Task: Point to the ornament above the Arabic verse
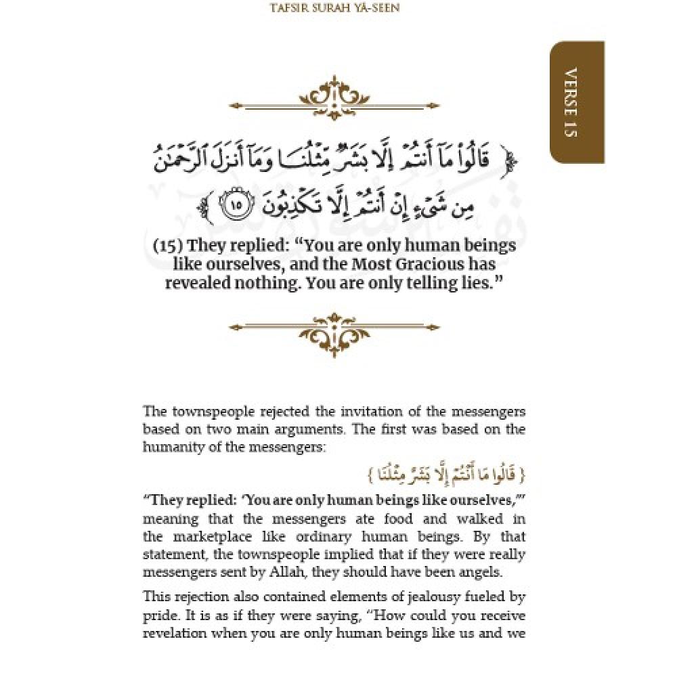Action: click(x=335, y=100)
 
